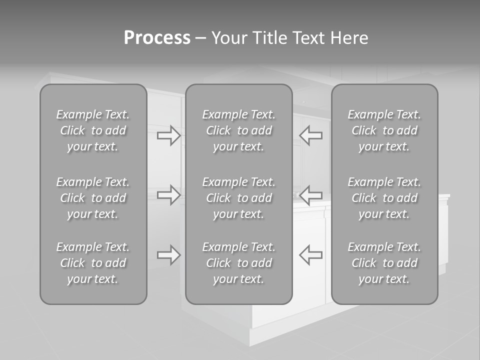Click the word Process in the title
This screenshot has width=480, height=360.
(157, 38)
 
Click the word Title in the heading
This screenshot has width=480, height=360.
(268, 38)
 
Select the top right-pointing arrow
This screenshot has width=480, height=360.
(168, 135)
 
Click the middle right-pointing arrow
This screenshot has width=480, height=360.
(168, 194)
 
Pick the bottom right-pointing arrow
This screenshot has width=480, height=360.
(168, 254)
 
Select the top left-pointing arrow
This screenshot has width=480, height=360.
(311, 135)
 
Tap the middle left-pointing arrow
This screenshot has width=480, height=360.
(311, 194)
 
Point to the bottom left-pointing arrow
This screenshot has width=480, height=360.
(311, 254)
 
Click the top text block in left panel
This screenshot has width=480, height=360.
(93, 130)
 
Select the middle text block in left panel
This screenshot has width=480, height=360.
(93, 198)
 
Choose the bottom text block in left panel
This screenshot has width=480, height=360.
(93, 263)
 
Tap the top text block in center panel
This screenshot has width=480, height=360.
(239, 130)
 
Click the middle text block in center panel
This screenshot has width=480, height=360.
(239, 198)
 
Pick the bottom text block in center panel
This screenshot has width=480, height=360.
(239, 263)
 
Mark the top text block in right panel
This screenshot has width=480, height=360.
(384, 130)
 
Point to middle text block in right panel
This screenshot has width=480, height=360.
(384, 198)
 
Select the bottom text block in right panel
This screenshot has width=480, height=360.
(384, 263)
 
